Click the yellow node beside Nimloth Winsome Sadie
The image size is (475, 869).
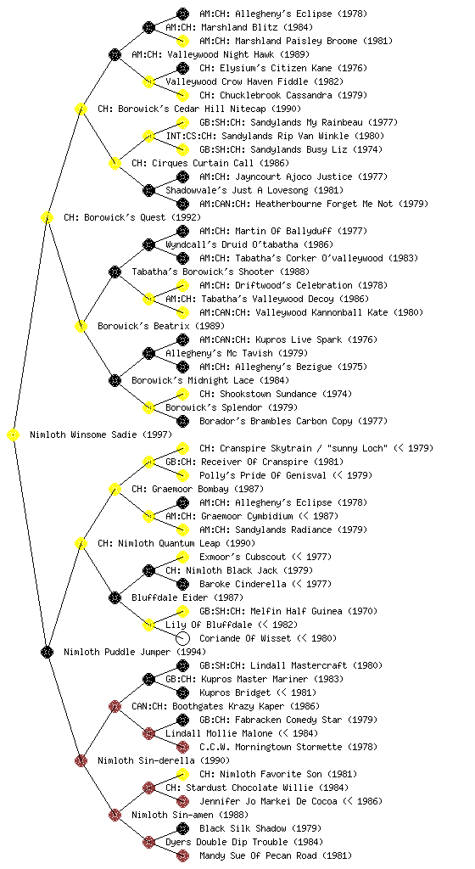tap(14, 435)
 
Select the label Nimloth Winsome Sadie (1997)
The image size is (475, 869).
tap(101, 434)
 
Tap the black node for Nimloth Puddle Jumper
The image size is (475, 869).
tap(47, 653)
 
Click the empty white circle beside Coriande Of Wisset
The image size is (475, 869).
tap(182, 638)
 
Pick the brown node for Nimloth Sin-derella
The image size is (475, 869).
tap(81, 761)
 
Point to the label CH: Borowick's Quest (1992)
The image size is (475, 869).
tap(132, 217)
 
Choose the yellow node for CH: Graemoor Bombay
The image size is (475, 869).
tap(115, 490)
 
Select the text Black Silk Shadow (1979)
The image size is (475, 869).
tap(260, 828)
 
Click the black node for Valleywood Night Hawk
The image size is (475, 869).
tap(115, 55)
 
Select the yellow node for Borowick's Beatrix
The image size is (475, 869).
tap(81, 327)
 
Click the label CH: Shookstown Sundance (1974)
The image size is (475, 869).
tap(275, 394)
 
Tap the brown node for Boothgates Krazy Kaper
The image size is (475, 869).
tap(115, 707)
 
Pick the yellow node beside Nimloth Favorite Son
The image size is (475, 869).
tap(182, 774)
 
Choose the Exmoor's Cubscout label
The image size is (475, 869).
tap(243, 557)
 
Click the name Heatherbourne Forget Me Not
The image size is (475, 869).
tap(324, 204)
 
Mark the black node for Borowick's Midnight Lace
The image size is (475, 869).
tap(115, 381)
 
